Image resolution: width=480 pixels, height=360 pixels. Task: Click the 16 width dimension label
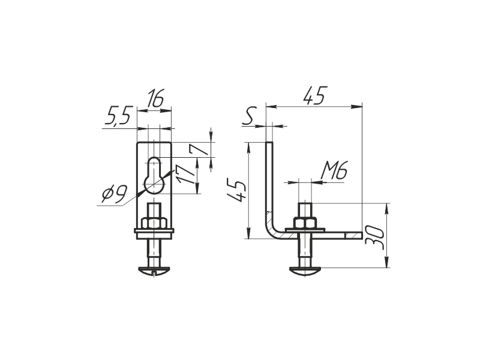coord(155,98)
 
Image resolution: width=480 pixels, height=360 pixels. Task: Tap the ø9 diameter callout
coord(114,194)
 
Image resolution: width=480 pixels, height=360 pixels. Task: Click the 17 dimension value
coord(186,174)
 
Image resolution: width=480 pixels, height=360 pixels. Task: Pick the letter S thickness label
coord(248,116)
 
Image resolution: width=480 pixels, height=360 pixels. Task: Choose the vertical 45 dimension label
coord(236,191)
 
